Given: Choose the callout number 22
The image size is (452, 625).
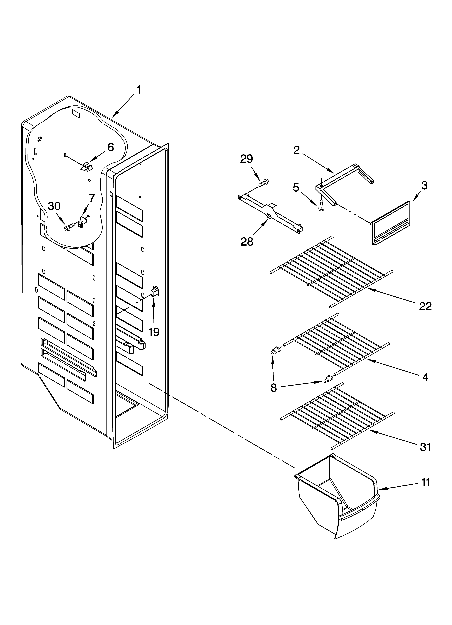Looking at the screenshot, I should click(425, 306).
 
